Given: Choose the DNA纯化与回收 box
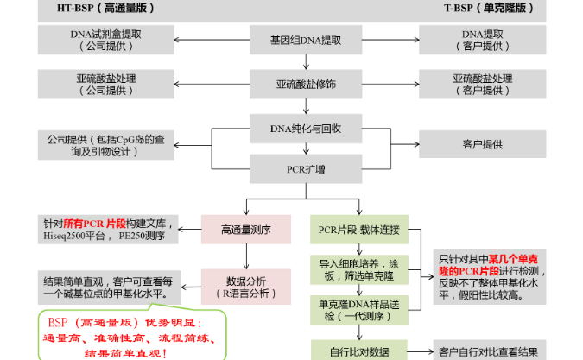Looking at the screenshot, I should point(293,129).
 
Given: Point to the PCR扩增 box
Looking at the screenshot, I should point(293,168).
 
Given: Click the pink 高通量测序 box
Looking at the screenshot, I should point(246,230).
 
